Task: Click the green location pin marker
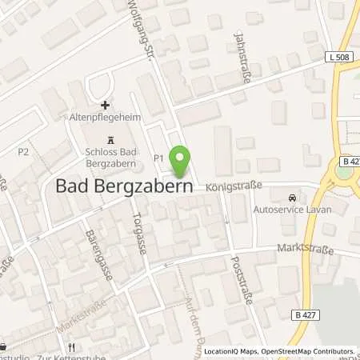coord(181,161)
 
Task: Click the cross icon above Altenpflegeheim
coord(105,105)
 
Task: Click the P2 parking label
coord(23,150)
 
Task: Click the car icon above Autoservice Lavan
coord(294,196)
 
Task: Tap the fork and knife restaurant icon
coord(71,346)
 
